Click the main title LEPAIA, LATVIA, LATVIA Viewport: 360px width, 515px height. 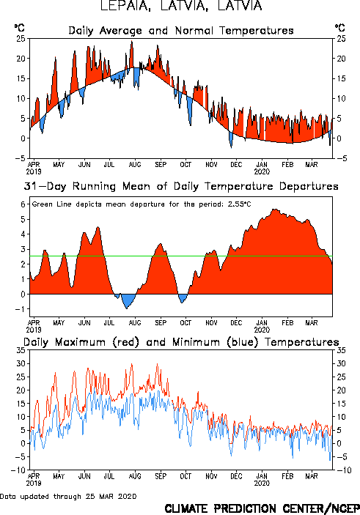[181, 6]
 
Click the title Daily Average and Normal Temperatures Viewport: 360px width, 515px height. [181, 31]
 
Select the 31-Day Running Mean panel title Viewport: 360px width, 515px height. [181, 186]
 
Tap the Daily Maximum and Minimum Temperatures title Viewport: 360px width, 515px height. [181, 342]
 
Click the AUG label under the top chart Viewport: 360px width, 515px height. [135, 165]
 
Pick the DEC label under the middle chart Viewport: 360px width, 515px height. [236, 323]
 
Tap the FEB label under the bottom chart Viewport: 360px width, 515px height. [287, 476]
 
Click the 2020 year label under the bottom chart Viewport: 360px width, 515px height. [262, 483]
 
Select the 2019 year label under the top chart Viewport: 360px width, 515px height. [34, 171]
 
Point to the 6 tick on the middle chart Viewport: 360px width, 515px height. [23, 204]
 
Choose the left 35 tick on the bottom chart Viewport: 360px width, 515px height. [21, 350]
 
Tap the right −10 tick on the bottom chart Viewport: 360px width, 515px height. [344, 470]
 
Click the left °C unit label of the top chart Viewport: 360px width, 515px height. [19, 28]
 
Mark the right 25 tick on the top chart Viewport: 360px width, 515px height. [341, 39]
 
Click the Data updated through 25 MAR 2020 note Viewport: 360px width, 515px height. [68, 496]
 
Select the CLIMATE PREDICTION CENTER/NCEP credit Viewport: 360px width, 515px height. [262, 508]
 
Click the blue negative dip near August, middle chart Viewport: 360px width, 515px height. [128, 300]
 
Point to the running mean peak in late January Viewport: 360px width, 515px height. [276, 210]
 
